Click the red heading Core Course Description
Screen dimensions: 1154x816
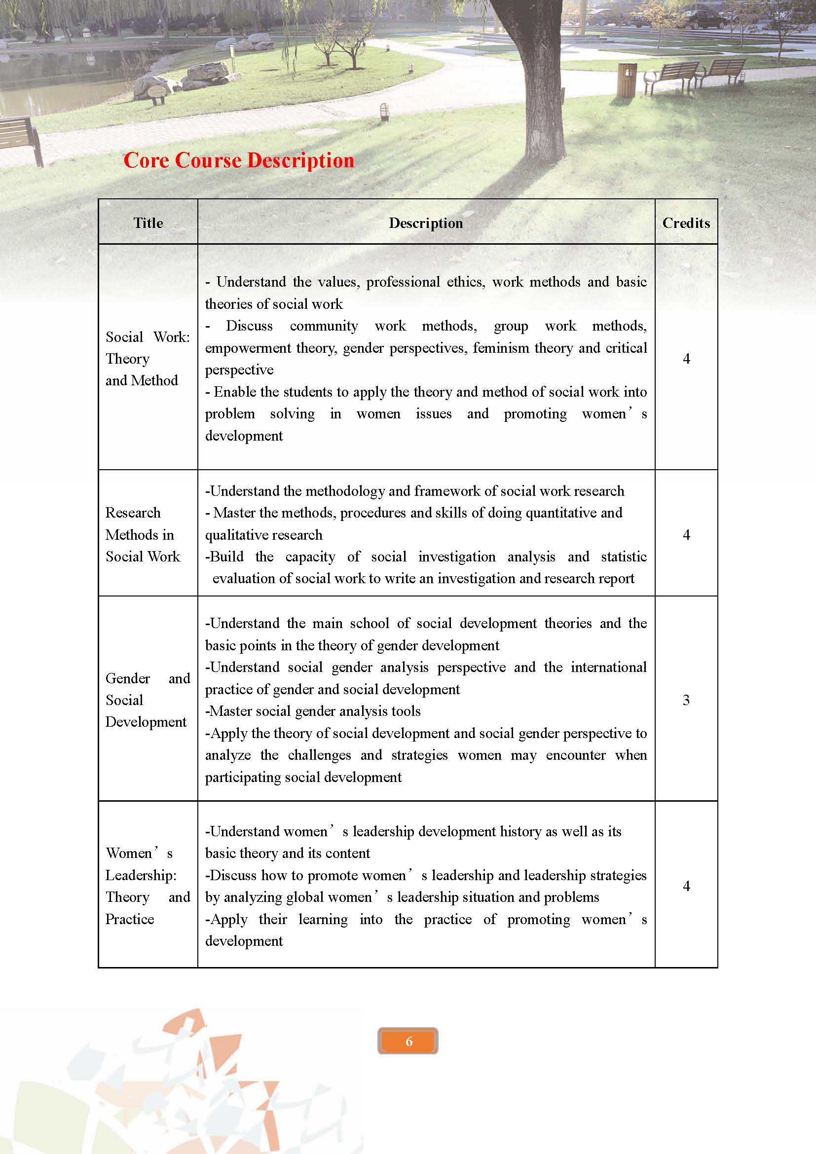239,160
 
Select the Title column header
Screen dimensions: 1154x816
148,223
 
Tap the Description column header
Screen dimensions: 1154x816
426,223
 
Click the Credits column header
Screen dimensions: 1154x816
686,223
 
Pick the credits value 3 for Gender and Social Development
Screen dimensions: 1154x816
686,700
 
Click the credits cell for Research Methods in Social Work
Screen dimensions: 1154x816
686,534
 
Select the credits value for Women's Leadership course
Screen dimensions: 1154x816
686,886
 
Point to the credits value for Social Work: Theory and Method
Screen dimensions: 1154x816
686,358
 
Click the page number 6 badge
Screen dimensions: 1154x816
408,1041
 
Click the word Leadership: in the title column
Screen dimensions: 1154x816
141,875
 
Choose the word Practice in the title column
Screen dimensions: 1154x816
130,919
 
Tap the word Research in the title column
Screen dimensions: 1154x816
133,513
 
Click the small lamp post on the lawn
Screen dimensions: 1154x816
384,111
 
